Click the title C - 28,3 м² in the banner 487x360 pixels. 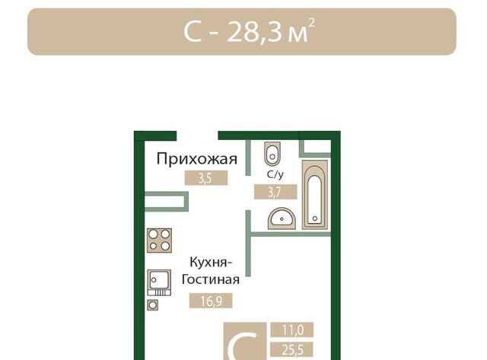[249, 31]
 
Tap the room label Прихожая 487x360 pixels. [196, 159]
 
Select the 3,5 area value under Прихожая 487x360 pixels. [206, 178]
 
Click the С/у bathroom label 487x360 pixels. [275, 174]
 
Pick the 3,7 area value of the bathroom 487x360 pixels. [275, 192]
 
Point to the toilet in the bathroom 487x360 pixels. [272, 154]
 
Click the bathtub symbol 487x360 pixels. [315, 195]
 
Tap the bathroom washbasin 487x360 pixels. [282, 218]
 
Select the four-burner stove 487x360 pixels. [159, 241]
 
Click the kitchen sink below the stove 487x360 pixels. [159, 282]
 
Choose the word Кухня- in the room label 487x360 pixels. [211, 263]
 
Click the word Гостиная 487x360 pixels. [210, 279]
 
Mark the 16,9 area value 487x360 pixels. [211, 301]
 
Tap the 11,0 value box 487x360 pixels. [292, 330]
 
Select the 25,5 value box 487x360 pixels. [292, 350]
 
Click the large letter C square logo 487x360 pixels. [245, 341]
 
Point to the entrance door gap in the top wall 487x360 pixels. [198, 135]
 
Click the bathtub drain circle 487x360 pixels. [315, 218]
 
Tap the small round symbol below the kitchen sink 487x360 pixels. [152, 305]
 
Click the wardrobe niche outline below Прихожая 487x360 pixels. [186, 202]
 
